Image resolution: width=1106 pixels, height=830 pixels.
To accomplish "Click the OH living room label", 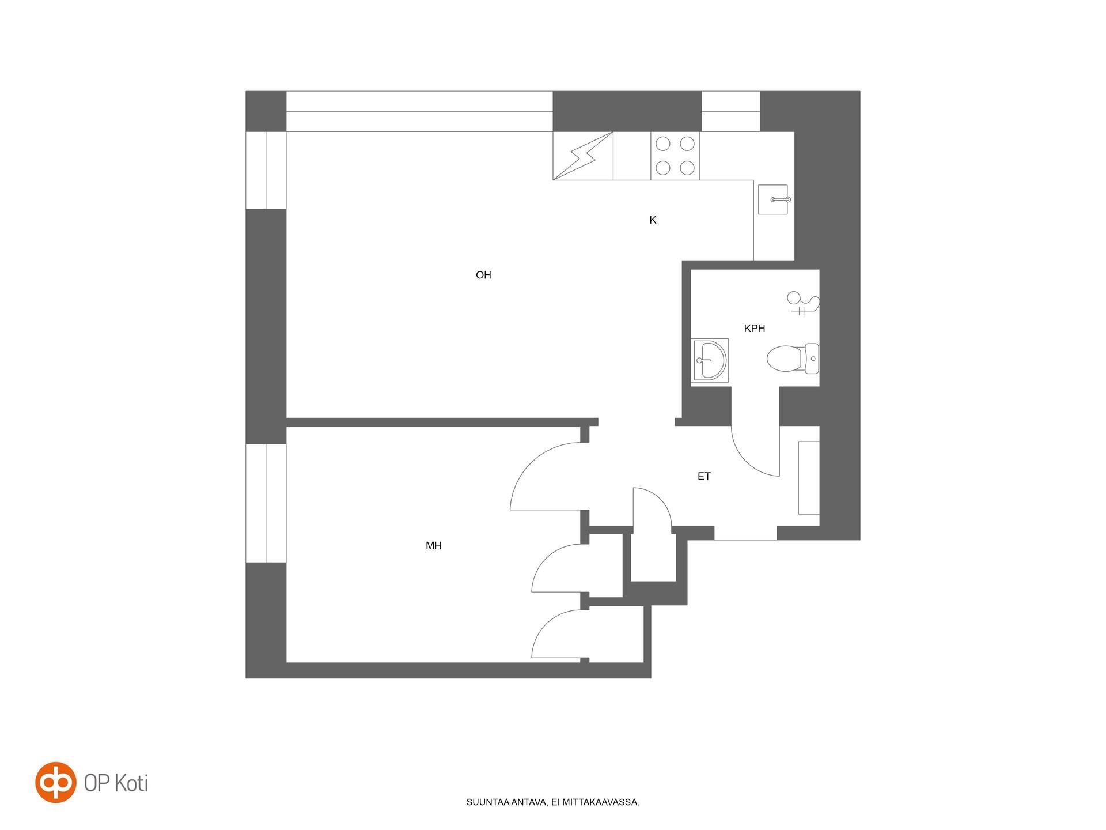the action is pos(483,275).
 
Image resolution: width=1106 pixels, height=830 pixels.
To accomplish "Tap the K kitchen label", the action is pos(653,220).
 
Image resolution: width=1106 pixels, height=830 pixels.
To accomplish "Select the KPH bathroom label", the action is pos(755,329).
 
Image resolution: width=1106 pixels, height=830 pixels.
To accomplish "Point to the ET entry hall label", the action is pos(704,476).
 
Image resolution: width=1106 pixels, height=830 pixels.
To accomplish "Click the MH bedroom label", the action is pos(434,545).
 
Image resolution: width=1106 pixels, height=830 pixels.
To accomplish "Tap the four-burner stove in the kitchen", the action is pos(675,156).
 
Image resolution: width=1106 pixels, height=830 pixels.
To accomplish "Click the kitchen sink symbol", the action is pos(773,199).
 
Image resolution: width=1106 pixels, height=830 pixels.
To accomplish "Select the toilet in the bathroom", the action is pos(793,359).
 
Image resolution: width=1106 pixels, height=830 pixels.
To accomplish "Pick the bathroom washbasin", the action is pos(711,360).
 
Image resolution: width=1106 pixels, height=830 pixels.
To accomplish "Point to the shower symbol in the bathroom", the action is pos(802,303).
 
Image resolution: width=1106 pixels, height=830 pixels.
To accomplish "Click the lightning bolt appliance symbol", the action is pos(583,156).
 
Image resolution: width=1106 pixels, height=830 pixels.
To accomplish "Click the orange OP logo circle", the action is pos(55,782).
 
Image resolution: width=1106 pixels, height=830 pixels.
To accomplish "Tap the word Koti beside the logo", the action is pos(131,783).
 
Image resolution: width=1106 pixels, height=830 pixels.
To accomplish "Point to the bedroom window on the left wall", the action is pos(266,503).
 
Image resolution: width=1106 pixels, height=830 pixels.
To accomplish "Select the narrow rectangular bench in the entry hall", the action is pos(809,478).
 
